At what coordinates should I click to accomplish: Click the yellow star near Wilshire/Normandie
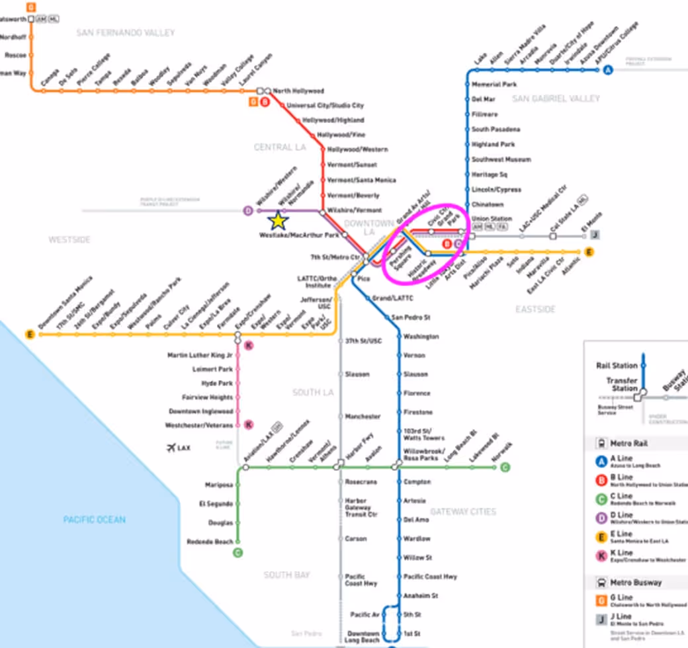pyautogui.click(x=279, y=221)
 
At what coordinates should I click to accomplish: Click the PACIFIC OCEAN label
pyautogui.click(x=95, y=520)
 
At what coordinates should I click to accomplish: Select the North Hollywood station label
pyautogui.click(x=298, y=91)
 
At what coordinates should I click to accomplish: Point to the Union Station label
pyautogui.click(x=492, y=218)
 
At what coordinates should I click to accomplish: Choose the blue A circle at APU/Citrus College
pyautogui.click(x=608, y=70)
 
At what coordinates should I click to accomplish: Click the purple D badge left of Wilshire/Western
pyautogui.click(x=248, y=211)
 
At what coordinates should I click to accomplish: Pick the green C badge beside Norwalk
pyautogui.click(x=505, y=467)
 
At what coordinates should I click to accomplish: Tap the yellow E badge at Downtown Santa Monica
pyautogui.click(x=30, y=335)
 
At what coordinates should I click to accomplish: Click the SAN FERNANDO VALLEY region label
pyautogui.click(x=126, y=32)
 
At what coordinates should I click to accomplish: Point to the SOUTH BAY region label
pyautogui.click(x=286, y=575)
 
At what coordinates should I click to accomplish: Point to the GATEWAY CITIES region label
pyautogui.click(x=463, y=512)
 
